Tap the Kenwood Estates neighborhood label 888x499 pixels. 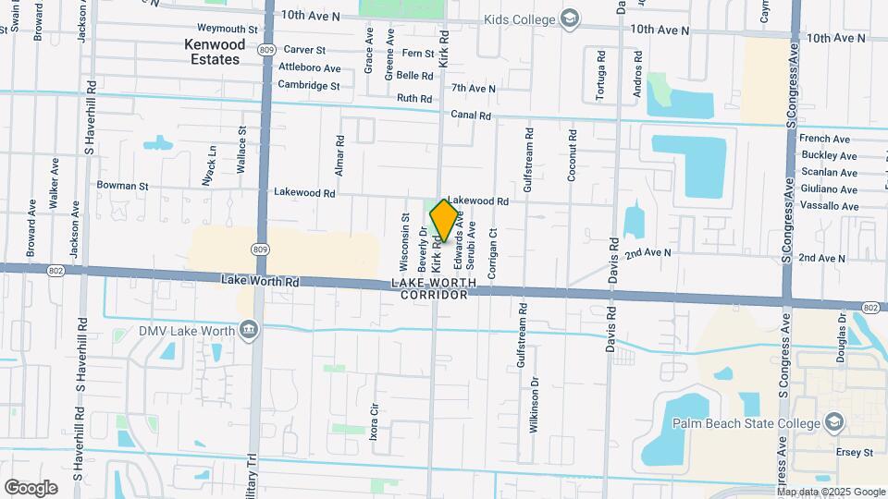tap(214, 52)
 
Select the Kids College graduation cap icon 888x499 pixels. tap(571, 19)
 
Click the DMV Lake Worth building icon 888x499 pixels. tap(248, 330)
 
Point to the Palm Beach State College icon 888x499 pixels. tap(834, 423)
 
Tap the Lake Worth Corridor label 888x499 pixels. tap(433, 287)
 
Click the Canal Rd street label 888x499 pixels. tap(471, 116)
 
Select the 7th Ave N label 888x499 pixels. tap(474, 89)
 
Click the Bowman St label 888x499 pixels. tap(122, 186)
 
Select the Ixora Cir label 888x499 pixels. tap(375, 421)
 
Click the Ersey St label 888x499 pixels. tap(856, 453)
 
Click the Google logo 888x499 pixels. tap(31, 488)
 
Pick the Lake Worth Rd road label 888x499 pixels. tap(261, 279)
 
